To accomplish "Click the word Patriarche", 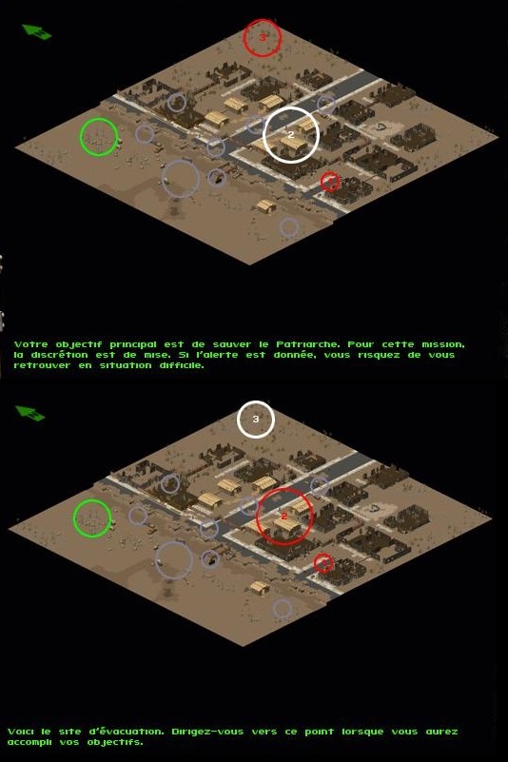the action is [306, 344].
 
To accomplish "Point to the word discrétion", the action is [59, 355].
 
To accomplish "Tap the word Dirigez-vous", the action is [206, 732].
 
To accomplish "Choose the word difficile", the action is [182, 365].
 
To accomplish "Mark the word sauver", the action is [231, 344].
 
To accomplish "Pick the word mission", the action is [443, 345].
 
